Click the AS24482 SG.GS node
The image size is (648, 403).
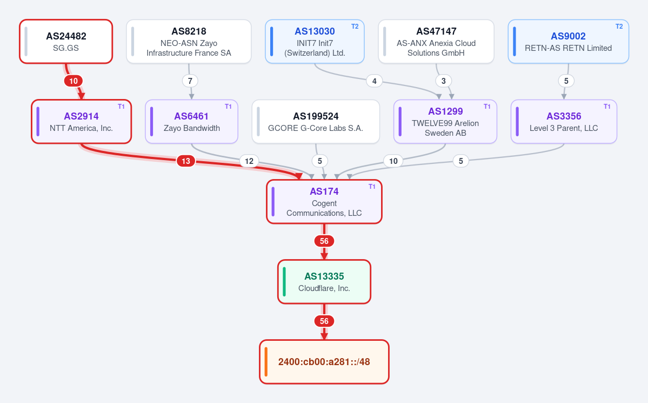(x=66, y=41)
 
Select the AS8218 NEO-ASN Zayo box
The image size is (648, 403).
(x=189, y=41)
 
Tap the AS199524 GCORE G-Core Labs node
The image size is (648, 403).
(x=316, y=122)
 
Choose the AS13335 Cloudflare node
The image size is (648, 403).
(x=324, y=282)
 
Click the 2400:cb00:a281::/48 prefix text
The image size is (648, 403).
(x=324, y=362)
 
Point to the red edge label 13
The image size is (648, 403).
(x=186, y=161)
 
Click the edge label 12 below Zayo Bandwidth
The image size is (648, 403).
(x=249, y=161)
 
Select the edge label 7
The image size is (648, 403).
(x=190, y=81)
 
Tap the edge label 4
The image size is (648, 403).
(x=375, y=81)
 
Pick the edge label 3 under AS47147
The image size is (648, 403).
(x=443, y=81)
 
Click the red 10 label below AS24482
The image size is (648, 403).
(x=74, y=81)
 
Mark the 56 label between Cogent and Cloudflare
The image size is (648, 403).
(x=324, y=241)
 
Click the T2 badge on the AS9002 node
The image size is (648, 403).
(x=619, y=27)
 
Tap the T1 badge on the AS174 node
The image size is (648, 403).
(x=372, y=187)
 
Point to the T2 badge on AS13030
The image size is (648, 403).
(x=355, y=27)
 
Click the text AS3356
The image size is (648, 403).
(x=564, y=116)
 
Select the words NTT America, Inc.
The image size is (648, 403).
(x=82, y=128)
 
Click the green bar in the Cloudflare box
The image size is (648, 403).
(x=284, y=282)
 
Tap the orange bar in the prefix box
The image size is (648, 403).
(x=266, y=362)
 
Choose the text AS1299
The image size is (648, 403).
(x=445, y=111)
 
